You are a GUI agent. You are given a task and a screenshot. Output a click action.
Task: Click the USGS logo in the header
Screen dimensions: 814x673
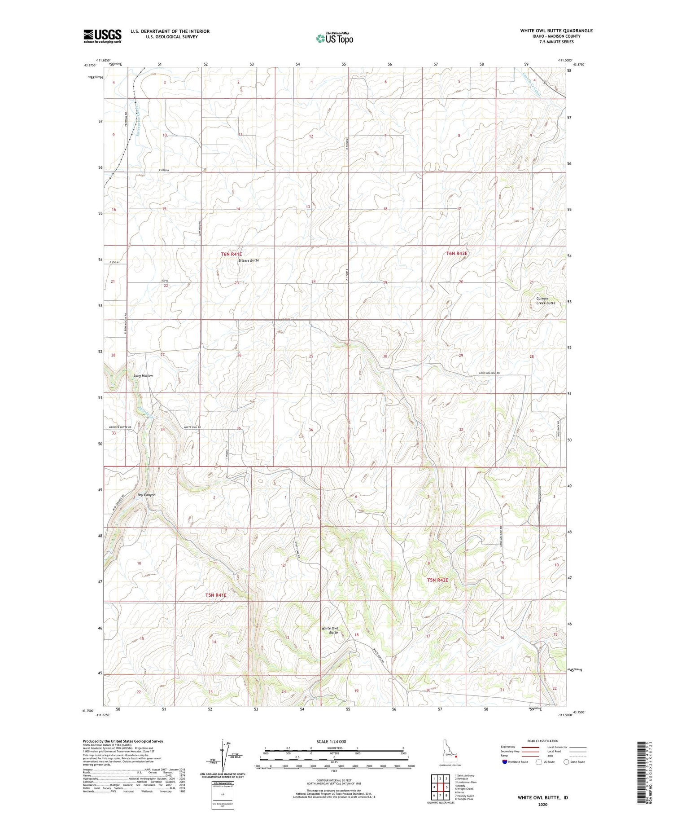tap(102, 36)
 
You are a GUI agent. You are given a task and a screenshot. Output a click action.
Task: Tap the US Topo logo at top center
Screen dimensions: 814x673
tap(335, 38)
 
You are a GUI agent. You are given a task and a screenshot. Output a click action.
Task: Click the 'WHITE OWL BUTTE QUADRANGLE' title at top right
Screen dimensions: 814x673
tap(556, 31)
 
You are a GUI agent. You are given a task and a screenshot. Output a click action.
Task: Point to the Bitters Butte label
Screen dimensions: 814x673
tap(249, 260)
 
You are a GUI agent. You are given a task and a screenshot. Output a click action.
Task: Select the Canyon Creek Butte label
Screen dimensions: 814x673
tap(546, 300)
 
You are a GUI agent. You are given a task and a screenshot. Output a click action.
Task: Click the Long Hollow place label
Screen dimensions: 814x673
tap(143, 375)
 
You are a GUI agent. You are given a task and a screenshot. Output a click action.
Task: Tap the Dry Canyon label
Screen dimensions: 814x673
tap(146, 495)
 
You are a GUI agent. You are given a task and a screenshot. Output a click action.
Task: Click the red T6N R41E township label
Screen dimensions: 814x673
tap(231, 254)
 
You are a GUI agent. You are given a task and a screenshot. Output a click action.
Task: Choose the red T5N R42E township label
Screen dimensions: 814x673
tap(437, 580)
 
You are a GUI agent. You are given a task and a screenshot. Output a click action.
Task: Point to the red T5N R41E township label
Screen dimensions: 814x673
tap(216, 595)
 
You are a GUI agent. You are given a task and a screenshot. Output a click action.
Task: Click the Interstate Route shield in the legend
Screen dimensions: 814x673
tap(505, 761)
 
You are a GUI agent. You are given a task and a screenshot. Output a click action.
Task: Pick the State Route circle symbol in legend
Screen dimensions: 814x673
tap(566, 761)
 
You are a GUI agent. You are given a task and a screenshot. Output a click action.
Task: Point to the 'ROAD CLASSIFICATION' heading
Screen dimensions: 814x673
tap(543, 741)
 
